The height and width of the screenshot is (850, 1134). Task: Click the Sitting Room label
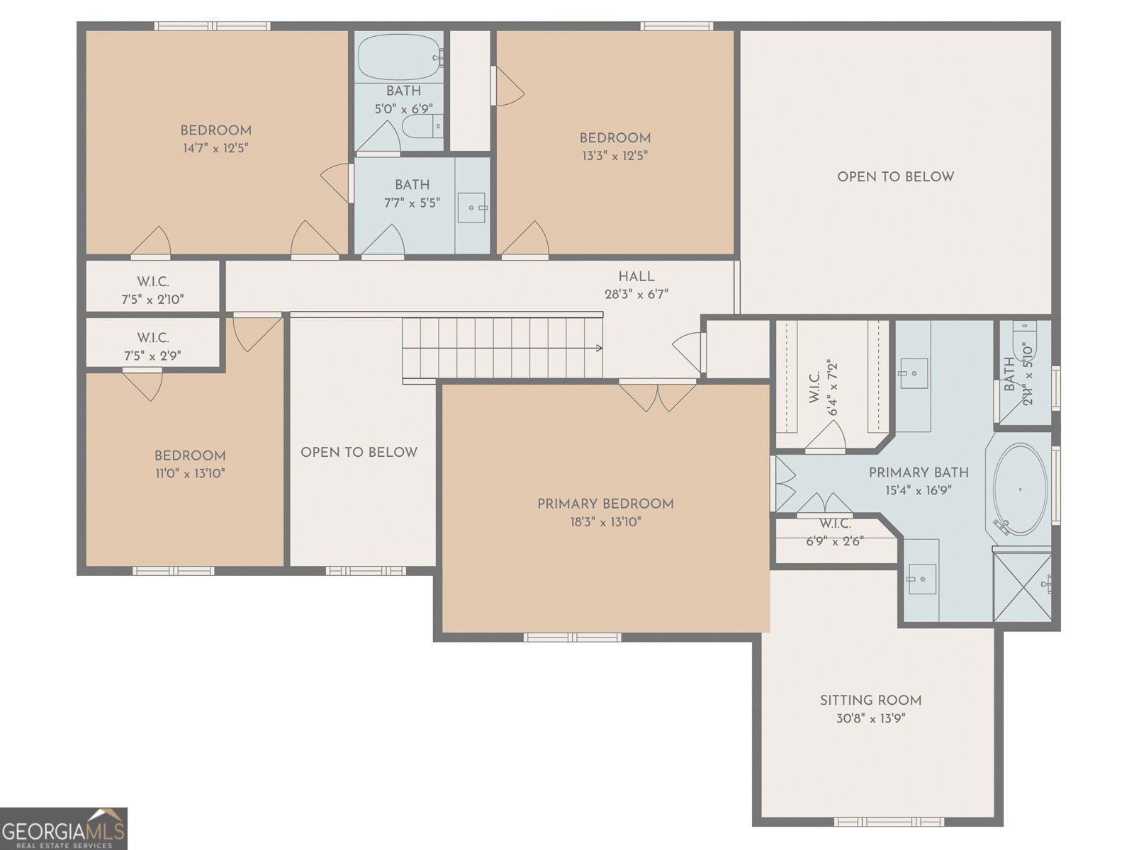pos(870,701)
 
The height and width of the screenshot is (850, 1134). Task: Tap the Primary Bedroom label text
pos(605,504)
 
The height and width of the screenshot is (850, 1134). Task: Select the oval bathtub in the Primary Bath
pos(1021,489)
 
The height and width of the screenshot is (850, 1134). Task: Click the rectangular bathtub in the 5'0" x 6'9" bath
pos(400,57)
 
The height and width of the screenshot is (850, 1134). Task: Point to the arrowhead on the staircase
pos(600,348)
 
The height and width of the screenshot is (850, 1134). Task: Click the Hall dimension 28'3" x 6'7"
pos(636,294)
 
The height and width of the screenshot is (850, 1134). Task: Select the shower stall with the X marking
pos(1023,587)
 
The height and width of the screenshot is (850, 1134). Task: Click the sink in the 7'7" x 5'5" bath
pos(472,208)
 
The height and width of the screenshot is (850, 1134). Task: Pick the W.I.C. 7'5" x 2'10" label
pos(153,290)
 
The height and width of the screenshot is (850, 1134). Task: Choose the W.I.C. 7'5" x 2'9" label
pos(153,347)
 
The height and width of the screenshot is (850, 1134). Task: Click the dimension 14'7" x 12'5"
pos(216,149)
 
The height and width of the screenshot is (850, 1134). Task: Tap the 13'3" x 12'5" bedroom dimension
pos(614,156)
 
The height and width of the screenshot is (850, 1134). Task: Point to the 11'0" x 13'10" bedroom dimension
pos(190,473)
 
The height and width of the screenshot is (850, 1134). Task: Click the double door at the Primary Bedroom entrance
pos(658,395)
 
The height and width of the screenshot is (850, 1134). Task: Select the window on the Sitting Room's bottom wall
pos(889,822)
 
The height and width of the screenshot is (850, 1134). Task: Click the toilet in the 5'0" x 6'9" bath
pos(422,126)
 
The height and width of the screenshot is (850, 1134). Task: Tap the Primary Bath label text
pos(919,472)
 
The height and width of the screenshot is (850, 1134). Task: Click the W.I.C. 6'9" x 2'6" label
pos(836,532)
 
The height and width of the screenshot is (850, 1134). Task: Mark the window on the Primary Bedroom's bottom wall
pos(573,637)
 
